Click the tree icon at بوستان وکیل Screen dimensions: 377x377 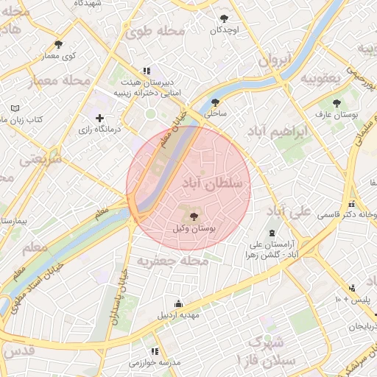click(x=194, y=216)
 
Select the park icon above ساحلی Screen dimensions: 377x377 click(x=215, y=103)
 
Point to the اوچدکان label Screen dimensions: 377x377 click(x=225, y=30)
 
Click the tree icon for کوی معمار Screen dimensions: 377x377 click(x=59, y=44)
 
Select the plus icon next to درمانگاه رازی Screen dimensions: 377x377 click(x=99, y=118)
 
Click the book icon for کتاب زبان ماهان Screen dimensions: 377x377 click(x=15, y=108)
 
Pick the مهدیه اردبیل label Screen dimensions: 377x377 click(x=178, y=315)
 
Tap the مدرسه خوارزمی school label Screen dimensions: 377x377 click(x=155, y=363)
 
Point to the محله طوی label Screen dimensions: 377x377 click(x=153, y=32)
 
